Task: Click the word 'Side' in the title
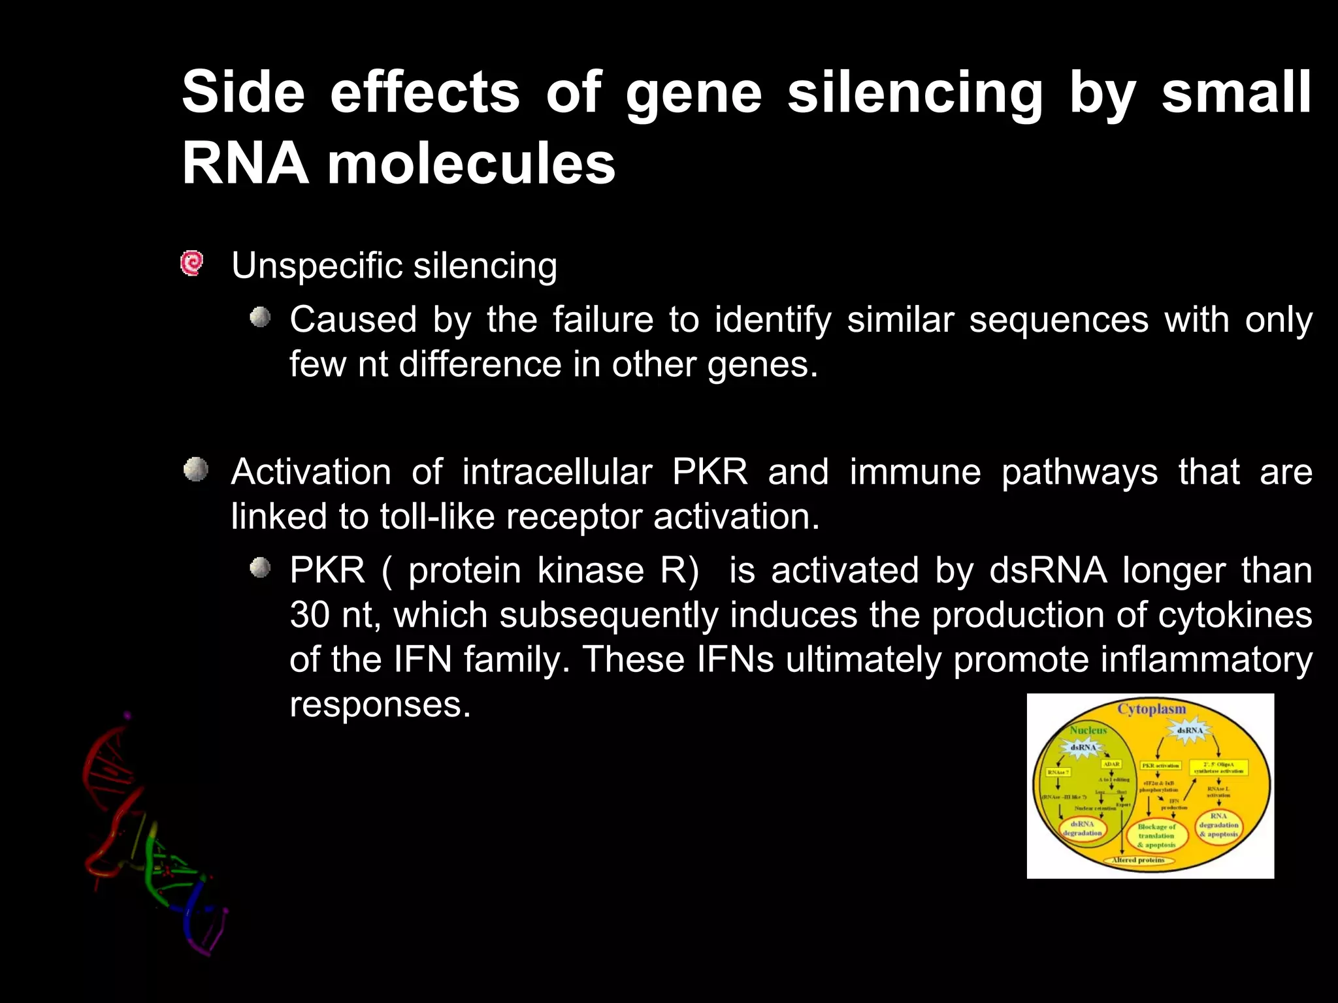(x=243, y=93)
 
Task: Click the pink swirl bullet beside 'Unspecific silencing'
(x=192, y=264)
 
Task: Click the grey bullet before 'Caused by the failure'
(x=260, y=318)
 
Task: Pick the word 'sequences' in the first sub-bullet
(x=1058, y=320)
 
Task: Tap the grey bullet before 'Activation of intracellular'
(x=195, y=470)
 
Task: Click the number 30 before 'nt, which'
(x=310, y=615)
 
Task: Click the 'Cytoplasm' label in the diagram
(x=1151, y=709)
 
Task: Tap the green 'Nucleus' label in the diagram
(x=1088, y=730)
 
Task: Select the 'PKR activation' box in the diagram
(x=1160, y=765)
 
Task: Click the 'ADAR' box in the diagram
(x=1111, y=764)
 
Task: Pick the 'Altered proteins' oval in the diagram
(x=1138, y=860)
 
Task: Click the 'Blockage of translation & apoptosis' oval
(x=1156, y=836)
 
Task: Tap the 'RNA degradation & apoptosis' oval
(x=1218, y=825)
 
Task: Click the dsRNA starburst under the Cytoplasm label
(x=1189, y=730)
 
